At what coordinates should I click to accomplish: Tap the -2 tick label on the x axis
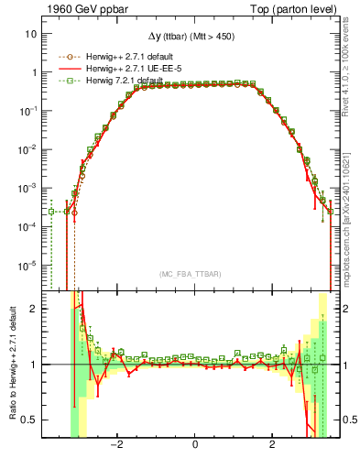click(116, 445)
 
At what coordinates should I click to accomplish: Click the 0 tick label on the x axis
click(195, 445)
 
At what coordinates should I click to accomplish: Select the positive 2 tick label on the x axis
click(273, 445)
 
